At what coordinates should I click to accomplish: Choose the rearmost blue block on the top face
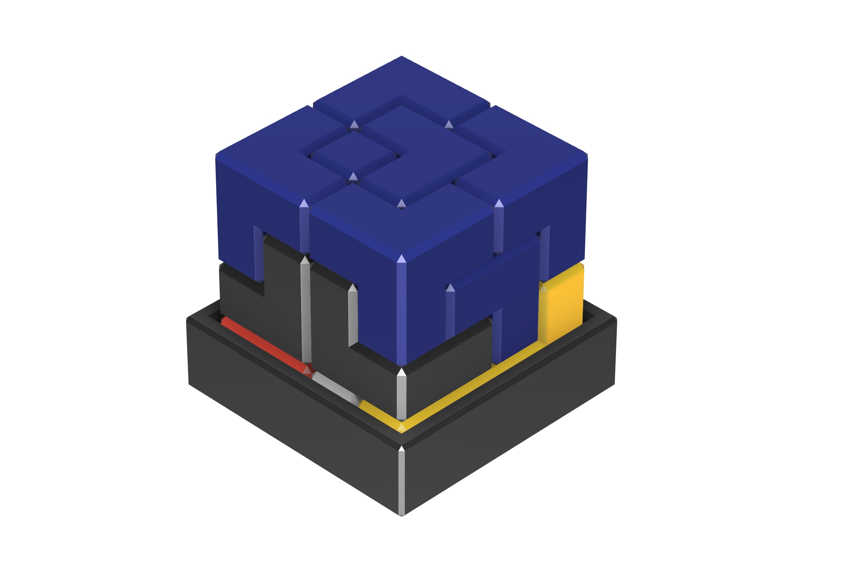tap(402, 82)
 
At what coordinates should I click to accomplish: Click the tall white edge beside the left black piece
tap(306, 311)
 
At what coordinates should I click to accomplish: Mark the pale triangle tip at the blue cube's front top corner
tap(402, 259)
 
